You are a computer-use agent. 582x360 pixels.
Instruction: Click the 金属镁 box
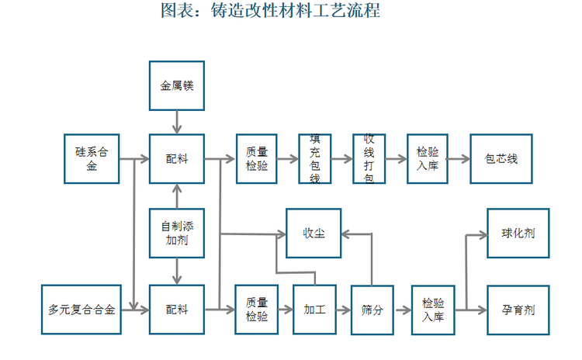click(177, 85)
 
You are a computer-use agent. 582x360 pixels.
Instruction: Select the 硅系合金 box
click(92, 159)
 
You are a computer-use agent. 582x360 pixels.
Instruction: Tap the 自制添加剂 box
click(177, 234)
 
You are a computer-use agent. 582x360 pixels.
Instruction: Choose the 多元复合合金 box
click(81, 310)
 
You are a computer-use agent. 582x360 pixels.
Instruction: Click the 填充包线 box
click(315, 159)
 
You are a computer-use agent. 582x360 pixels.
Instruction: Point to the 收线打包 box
click(369, 159)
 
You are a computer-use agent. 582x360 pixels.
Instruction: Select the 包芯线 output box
click(501, 159)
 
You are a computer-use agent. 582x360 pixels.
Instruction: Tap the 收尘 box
click(314, 234)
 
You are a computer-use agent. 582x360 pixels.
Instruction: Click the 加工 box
click(314, 310)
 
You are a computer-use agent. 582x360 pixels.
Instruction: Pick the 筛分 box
click(372, 310)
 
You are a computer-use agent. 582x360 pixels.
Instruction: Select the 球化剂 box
click(518, 234)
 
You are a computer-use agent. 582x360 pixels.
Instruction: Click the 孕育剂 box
click(518, 310)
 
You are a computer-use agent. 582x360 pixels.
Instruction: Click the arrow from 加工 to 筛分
click(343, 310)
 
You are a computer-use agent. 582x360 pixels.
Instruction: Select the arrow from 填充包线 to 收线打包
click(341, 159)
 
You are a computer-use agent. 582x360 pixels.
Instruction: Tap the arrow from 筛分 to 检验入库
click(402, 310)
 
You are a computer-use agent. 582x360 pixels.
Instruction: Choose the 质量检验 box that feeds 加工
click(257, 310)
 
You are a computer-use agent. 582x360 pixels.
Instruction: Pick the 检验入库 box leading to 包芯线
click(428, 159)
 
